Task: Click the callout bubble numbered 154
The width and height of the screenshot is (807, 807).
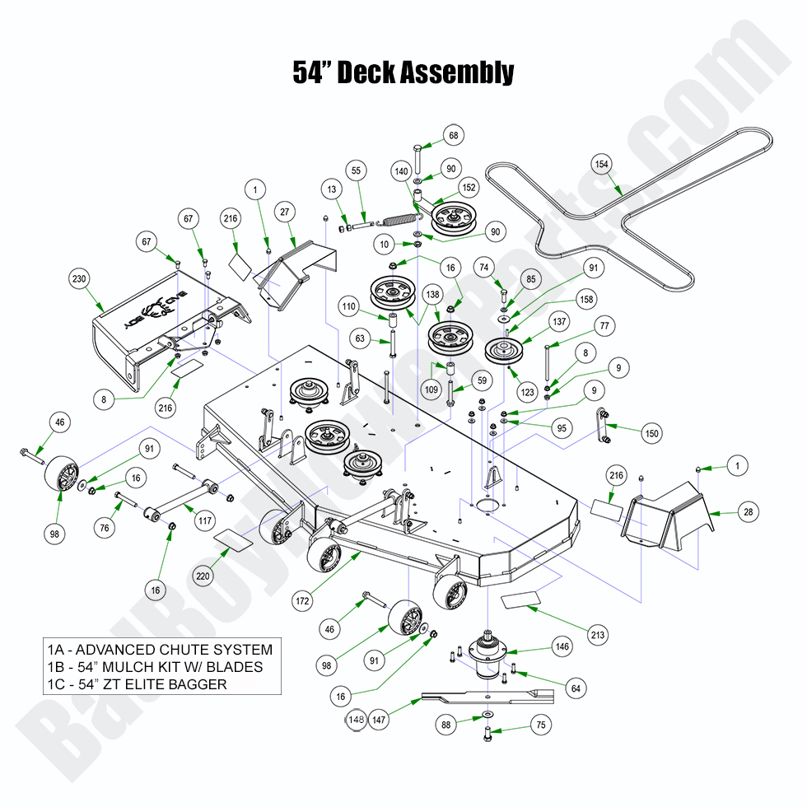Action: (602, 165)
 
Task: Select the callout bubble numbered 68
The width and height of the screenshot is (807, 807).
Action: (454, 135)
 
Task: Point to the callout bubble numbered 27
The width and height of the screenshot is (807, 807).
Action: (284, 212)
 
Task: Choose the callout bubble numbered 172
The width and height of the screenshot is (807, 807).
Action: (303, 601)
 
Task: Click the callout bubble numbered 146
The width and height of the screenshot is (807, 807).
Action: (562, 647)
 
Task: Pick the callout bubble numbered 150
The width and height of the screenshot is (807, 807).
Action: (652, 433)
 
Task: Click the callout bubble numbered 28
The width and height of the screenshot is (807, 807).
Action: (748, 512)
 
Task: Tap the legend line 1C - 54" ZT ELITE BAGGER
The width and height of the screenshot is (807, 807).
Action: (137, 684)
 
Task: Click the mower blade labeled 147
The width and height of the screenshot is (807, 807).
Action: (486, 697)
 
